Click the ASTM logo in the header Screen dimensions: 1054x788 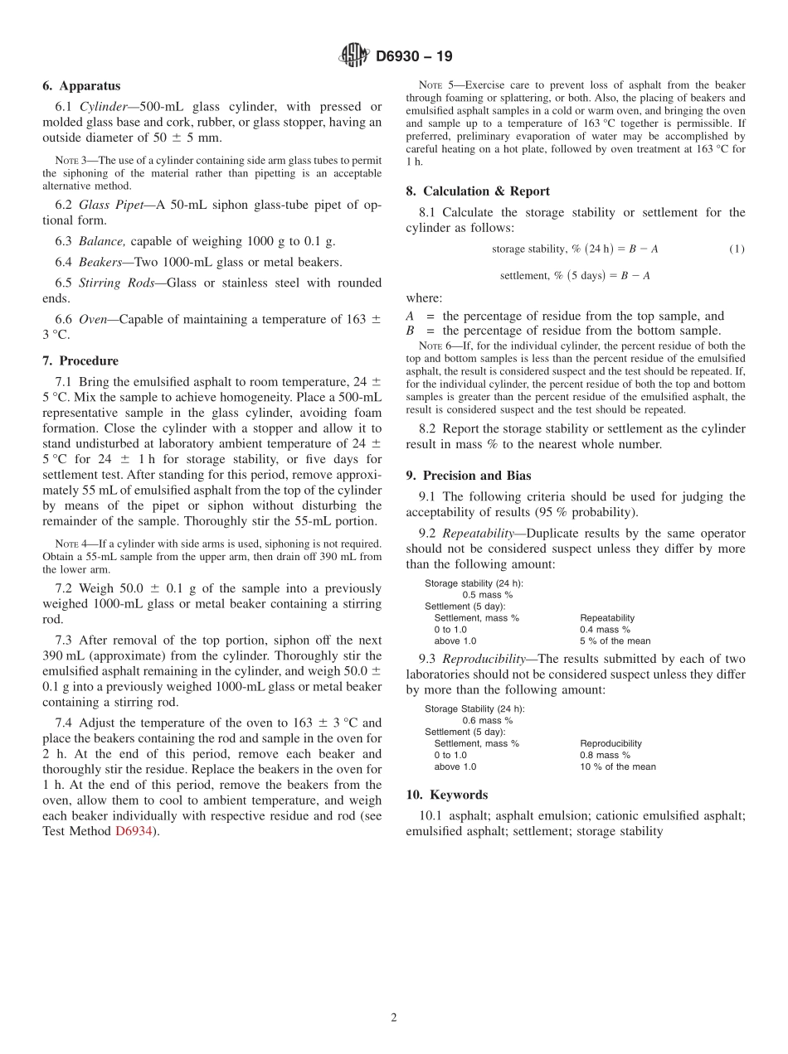click(x=353, y=56)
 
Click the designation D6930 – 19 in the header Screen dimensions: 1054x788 click(x=414, y=57)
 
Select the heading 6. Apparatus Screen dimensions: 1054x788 click(x=81, y=85)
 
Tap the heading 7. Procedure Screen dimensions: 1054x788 click(x=80, y=360)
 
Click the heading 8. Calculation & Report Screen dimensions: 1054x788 click(x=478, y=191)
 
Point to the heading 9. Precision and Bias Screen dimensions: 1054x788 click(x=469, y=476)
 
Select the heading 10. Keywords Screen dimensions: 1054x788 click(x=447, y=795)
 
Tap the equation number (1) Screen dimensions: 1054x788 click(x=737, y=249)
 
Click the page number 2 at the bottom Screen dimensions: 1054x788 click(x=394, y=1018)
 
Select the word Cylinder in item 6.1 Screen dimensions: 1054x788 click(x=105, y=107)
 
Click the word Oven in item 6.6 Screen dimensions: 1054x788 click(x=92, y=319)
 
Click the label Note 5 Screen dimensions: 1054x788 click(x=433, y=85)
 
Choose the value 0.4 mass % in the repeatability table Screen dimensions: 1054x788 click(x=605, y=630)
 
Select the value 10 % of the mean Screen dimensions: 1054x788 click(x=617, y=766)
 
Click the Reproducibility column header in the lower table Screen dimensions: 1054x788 click(x=610, y=743)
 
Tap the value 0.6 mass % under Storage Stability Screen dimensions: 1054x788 click(x=487, y=720)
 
